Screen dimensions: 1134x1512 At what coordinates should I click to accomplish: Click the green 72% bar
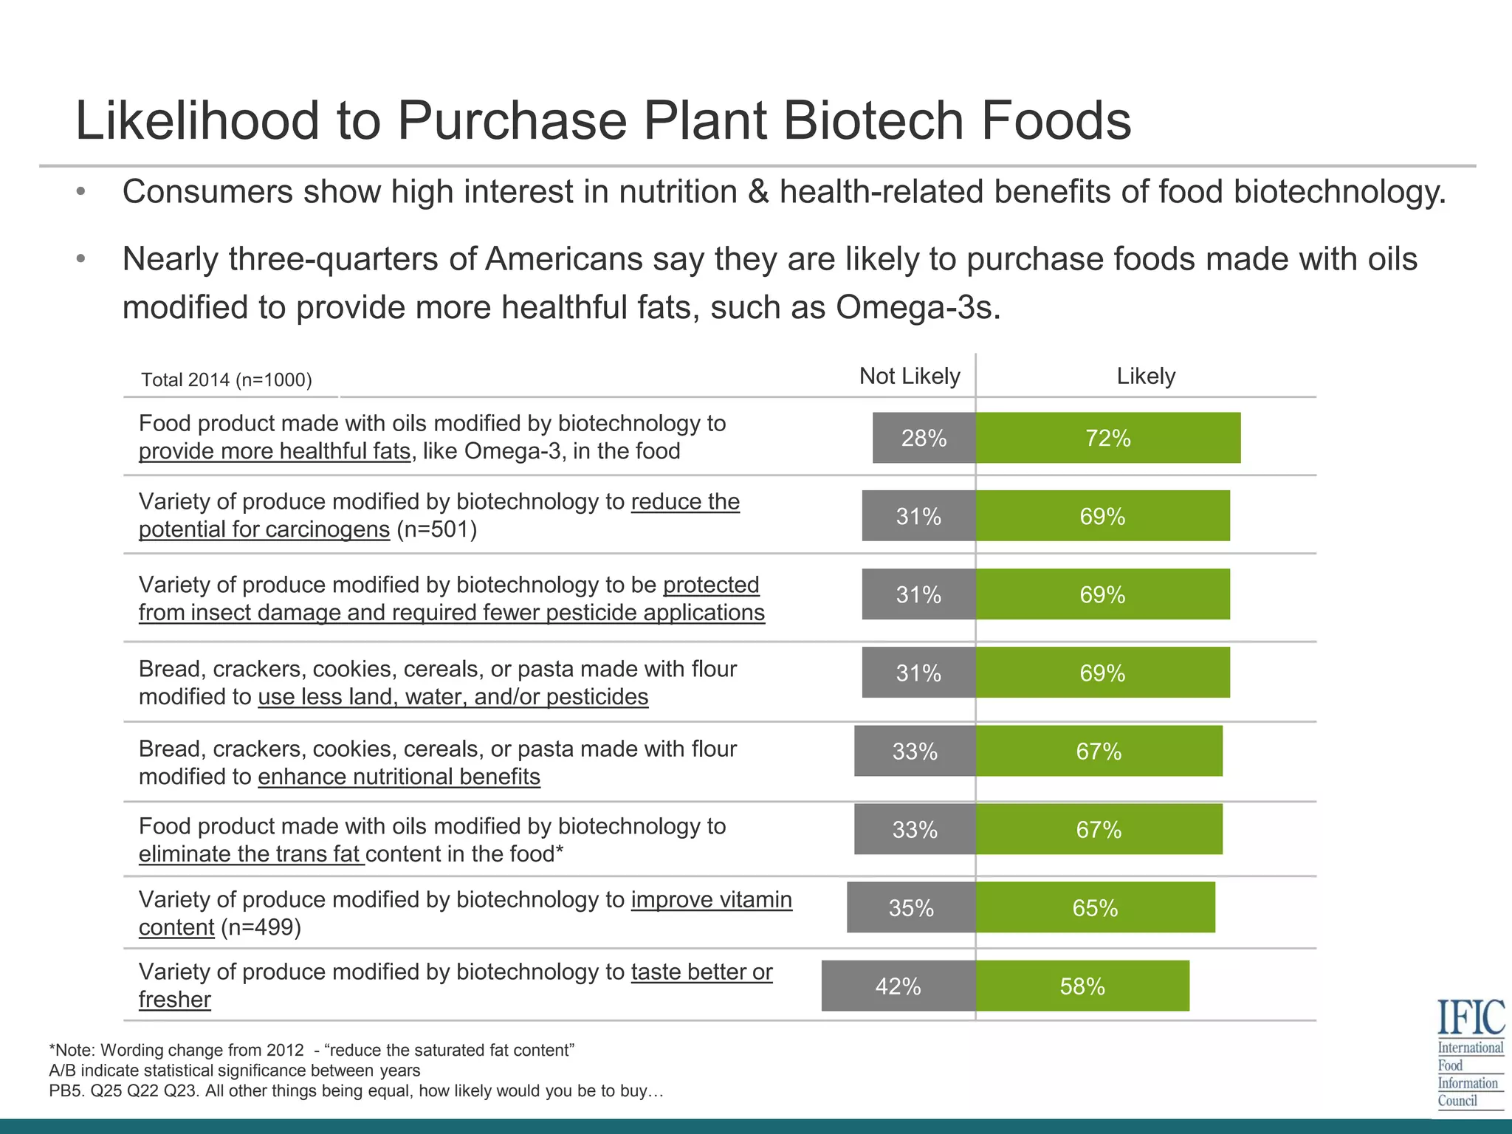(1107, 438)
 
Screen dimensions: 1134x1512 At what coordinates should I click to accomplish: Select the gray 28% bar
(924, 438)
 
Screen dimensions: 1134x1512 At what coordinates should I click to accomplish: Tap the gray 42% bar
(898, 986)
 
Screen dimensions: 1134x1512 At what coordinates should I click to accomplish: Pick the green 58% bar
(1082, 986)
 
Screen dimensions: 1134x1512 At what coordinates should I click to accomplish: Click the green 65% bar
(1095, 907)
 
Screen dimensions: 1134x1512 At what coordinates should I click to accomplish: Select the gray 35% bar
(911, 907)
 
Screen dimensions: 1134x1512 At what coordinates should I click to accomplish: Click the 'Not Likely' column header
(909, 377)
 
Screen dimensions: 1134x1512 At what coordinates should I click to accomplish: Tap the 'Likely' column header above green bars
(1145, 377)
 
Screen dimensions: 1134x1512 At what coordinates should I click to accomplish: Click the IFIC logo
(1470, 1052)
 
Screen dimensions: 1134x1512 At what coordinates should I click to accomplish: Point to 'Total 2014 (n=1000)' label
(227, 380)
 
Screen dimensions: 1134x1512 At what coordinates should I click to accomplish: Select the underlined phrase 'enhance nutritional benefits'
(399, 777)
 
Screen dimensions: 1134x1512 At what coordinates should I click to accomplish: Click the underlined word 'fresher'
(174, 1000)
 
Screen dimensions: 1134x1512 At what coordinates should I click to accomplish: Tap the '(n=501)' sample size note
(436, 529)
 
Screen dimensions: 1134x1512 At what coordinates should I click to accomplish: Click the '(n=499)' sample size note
(261, 927)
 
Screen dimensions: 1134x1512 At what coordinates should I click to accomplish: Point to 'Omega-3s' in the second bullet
(918, 307)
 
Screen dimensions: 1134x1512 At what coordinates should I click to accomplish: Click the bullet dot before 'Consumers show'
(81, 193)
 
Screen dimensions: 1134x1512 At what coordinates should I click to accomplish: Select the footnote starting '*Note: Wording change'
(311, 1050)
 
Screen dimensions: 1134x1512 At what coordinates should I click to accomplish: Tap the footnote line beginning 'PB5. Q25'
(356, 1091)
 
